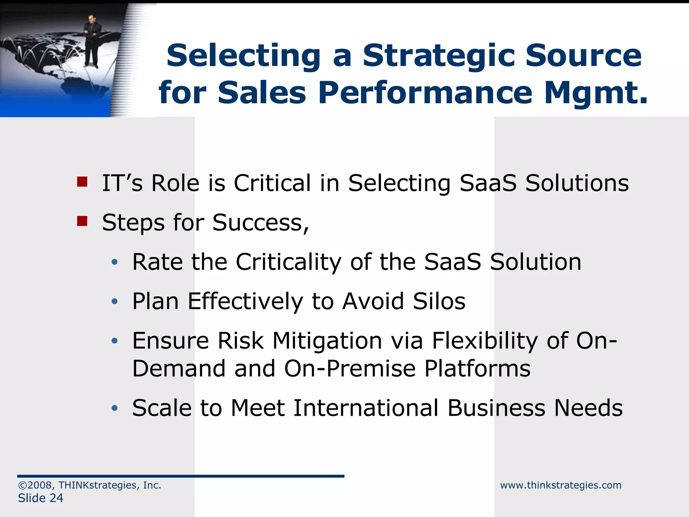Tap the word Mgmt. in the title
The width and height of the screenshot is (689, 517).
coord(596,93)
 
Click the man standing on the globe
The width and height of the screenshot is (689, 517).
coord(92,40)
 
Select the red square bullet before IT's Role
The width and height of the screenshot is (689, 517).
coord(82,182)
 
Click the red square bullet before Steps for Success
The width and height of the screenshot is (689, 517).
coord(82,221)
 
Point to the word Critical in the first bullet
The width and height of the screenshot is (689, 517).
coord(272,183)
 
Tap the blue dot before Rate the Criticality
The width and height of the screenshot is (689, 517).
coord(115,262)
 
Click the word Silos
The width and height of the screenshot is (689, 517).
coord(439,301)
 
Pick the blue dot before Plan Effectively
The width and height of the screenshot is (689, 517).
coord(115,301)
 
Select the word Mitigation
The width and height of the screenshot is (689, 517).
coord(327,341)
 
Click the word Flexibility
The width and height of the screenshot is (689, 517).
coord(485,341)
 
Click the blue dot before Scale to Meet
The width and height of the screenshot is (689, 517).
coord(115,408)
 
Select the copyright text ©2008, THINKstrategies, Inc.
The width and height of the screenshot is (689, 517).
coord(89,485)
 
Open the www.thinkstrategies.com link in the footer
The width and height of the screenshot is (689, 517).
coord(560,485)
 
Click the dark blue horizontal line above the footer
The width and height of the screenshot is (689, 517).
coord(181,476)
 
